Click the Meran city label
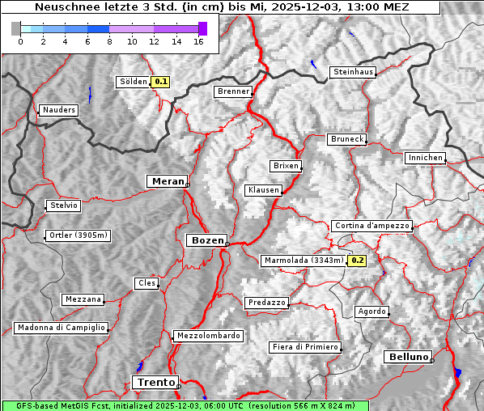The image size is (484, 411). [x=167, y=181]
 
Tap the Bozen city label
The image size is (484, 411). [x=206, y=240]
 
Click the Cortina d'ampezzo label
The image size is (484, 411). [x=371, y=226]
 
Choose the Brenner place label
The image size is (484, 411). [x=234, y=91]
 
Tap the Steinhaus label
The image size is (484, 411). [x=354, y=72]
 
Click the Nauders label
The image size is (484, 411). [x=58, y=110]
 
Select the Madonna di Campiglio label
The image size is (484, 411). [x=61, y=328]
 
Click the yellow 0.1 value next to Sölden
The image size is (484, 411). [x=161, y=81]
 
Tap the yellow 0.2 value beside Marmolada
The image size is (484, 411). [x=357, y=261]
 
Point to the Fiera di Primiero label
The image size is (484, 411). [x=305, y=347]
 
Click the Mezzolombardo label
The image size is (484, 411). [x=207, y=336]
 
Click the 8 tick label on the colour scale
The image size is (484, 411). [x=109, y=40]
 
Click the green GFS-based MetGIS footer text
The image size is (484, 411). [x=185, y=405]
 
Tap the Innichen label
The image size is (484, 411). [x=425, y=158]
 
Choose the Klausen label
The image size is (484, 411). [x=263, y=190]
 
